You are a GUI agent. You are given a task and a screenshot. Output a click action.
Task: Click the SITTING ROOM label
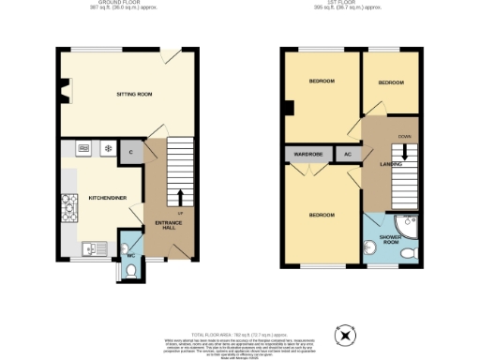tap(133, 95)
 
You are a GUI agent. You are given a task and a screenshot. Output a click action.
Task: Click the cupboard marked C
tap(130, 150)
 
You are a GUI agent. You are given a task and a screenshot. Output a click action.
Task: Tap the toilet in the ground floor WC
tap(130, 269)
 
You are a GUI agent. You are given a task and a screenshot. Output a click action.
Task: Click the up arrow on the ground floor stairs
tap(179, 197)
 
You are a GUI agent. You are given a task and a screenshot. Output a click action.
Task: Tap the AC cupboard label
tap(347, 153)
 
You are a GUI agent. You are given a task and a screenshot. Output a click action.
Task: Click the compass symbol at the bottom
tap(348, 336)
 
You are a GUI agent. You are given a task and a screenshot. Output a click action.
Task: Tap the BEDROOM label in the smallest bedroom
tap(391, 82)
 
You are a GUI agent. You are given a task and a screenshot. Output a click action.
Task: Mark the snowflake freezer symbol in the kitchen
tap(108, 148)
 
